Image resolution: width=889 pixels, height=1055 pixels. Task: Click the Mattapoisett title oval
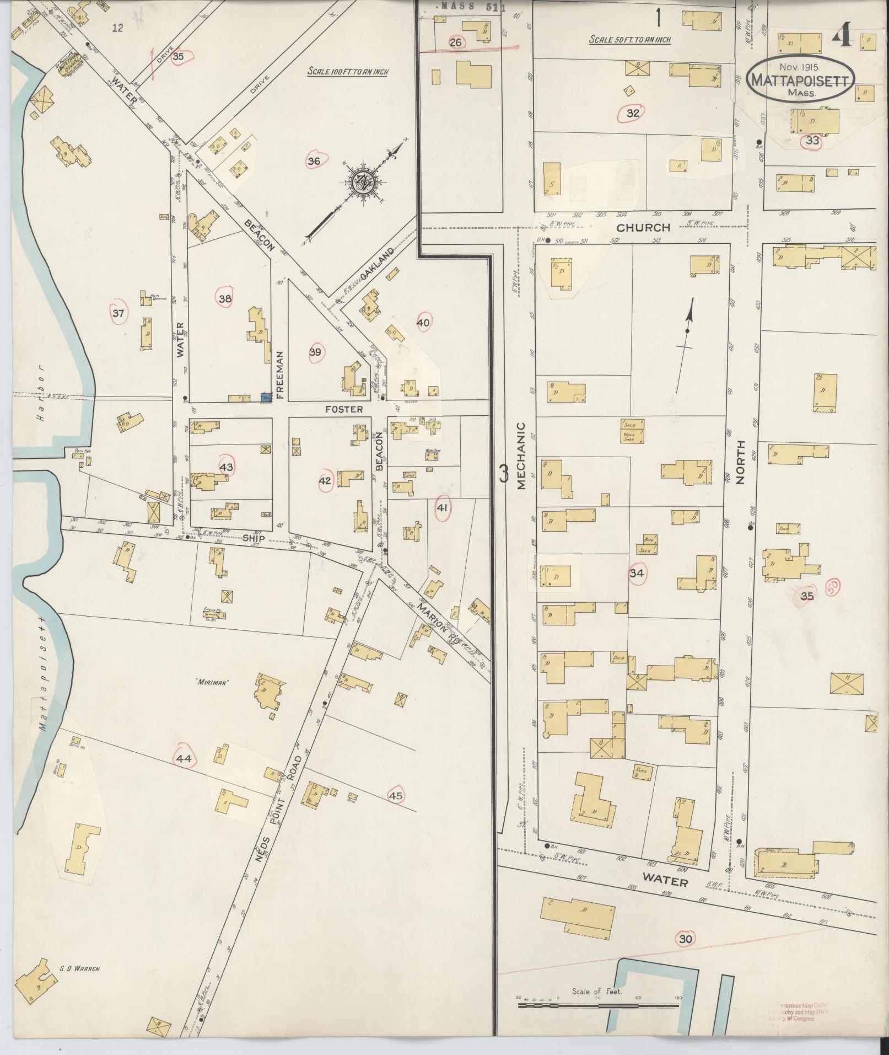(x=801, y=79)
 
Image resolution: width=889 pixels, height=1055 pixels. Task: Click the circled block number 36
(x=314, y=161)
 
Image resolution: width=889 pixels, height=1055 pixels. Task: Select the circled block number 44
(x=184, y=759)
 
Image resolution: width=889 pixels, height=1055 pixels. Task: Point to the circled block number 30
(x=685, y=939)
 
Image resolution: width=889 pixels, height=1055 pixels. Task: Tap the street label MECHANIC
(x=521, y=456)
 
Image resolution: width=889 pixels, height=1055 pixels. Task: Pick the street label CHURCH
(x=643, y=227)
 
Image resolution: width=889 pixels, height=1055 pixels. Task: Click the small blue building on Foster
(x=266, y=397)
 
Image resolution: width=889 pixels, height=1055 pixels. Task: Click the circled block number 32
(x=633, y=114)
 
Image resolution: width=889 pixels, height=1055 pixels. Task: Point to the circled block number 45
(x=396, y=796)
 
